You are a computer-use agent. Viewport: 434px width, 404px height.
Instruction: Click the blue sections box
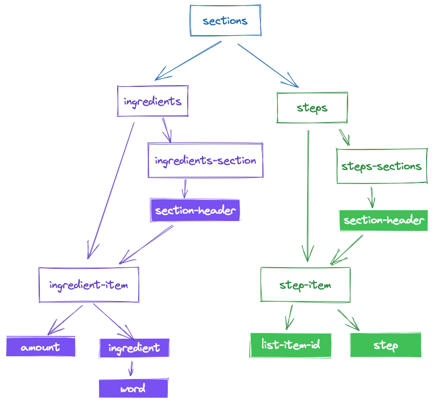(225, 21)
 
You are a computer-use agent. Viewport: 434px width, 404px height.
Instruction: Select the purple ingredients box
(152, 101)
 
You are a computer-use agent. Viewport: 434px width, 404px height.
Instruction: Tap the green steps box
(312, 107)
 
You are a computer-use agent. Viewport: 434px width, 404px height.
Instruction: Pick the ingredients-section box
(205, 160)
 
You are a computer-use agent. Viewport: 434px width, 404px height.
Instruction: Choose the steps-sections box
(381, 166)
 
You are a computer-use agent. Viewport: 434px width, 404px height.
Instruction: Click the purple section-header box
(195, 210)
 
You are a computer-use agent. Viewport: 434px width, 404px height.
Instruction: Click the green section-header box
(384, 220)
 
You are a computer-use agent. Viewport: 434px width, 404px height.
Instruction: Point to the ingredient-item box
(89, 285)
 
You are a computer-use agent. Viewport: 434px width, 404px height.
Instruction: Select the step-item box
(305, 285)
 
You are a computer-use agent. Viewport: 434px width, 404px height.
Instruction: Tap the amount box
(40, 347)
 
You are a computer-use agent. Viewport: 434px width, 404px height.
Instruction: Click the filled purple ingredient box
(134, 347)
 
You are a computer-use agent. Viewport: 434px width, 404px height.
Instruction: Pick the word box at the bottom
(133, 389)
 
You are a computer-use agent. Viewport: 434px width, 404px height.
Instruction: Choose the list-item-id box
(291, 345)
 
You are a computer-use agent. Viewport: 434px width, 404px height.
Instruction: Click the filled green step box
(386, 345)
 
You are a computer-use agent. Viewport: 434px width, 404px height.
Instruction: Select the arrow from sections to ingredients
(188, 60)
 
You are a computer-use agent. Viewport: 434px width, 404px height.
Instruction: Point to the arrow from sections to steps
(267, 65)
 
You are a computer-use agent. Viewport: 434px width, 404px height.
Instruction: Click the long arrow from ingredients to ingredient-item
(111, 188)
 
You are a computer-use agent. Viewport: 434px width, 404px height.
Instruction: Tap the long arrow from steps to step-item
(308, 193)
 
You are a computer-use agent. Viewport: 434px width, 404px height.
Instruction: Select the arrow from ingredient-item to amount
(65, 320)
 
